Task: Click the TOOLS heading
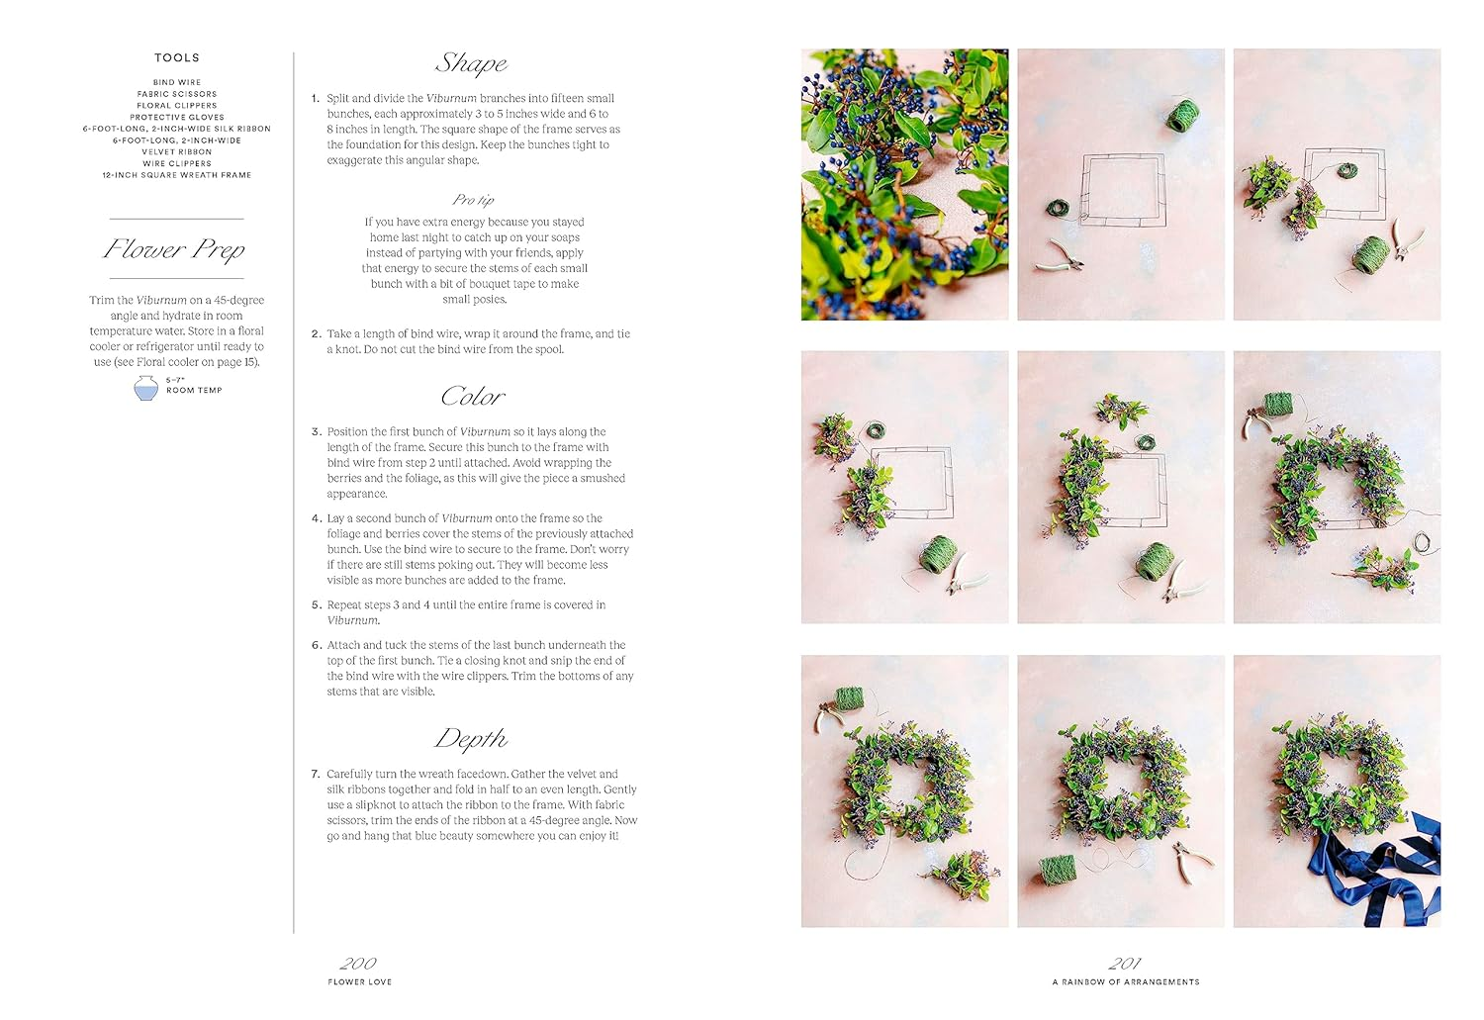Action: [x=177, y=58]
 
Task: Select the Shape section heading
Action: [x=471, y=64]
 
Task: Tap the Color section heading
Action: [x=472, y=397]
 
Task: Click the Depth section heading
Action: [x=471, y=739]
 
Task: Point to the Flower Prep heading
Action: [x=175, y=249]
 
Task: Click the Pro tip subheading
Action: [x=473, y=200]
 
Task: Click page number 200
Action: [x=358, y=963]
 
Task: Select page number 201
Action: [x=1125, y=963]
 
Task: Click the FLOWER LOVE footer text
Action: [x=360, y=982]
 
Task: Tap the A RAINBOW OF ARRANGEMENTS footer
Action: [x=1126, y=982]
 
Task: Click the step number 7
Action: [x=316, y=775]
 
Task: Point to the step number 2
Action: [x=316, y=334]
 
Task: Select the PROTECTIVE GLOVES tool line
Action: [x=177, y=118]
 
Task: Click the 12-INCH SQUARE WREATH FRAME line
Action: [x=177, y=175]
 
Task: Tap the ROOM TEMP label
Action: [x=194, y=391]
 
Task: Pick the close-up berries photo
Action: [x=904, y=185]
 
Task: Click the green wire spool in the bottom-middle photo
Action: [x=1058, y=870]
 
